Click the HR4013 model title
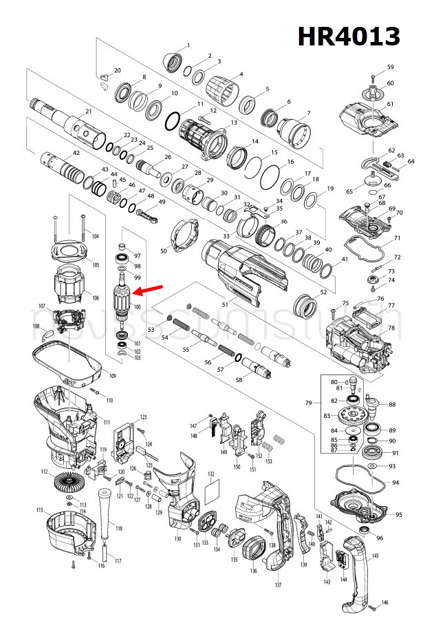coord(349,35)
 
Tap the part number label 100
coord(137,307)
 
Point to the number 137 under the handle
coord(278,584)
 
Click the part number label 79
coord(309,402)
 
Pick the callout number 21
coord(89,112)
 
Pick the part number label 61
coord(390,104)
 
